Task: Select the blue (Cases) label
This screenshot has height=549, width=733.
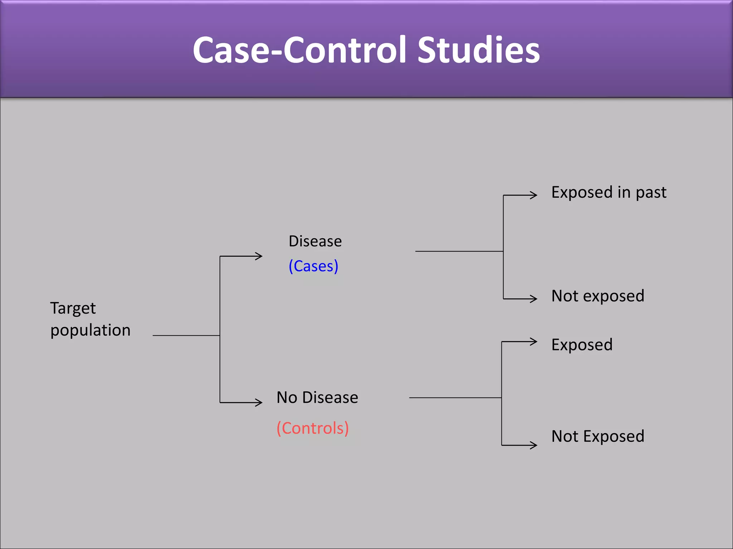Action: tap(313, 266)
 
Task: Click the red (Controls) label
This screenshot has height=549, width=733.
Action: tap(312, 428)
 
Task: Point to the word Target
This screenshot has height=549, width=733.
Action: tap(73, 308)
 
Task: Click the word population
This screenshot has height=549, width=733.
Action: tap(90, 330)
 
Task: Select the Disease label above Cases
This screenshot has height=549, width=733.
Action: tap(315, 241)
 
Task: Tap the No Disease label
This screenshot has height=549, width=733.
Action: tap(317, 397)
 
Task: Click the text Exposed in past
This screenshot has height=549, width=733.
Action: tap(608, 193)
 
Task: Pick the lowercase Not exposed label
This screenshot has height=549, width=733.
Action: tap(598, 296)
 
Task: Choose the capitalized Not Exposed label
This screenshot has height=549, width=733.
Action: tap(598, 436)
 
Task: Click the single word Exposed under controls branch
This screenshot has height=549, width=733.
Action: tap(582, 345)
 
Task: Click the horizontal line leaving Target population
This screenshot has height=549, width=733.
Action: tap(186, 336)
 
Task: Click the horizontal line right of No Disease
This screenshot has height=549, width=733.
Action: tap(455, 398)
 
